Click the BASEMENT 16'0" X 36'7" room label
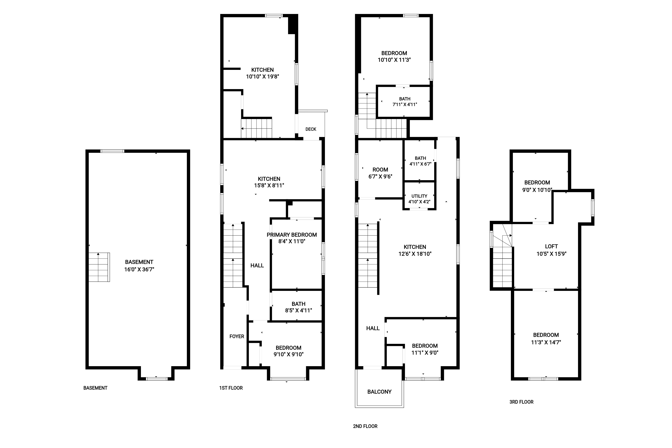pos(139,265)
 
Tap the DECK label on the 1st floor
pos(311,129)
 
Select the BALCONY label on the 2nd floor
pos(379,392)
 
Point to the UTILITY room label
pos(419,196)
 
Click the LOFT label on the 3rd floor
pos(551,246)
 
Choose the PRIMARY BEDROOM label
pos(292,235)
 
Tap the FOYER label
pos(237,336)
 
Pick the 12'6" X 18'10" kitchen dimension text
pos(415,254)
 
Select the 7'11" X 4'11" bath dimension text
pos(405,105)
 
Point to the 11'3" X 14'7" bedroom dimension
pos(546,342)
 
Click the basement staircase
pos(99,267)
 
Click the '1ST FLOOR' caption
pos(231,388)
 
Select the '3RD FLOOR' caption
pos(521,402)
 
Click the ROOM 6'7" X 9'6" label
pos(380,173)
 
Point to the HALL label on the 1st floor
pos(257,265)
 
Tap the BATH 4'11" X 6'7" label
pos(420,161)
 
